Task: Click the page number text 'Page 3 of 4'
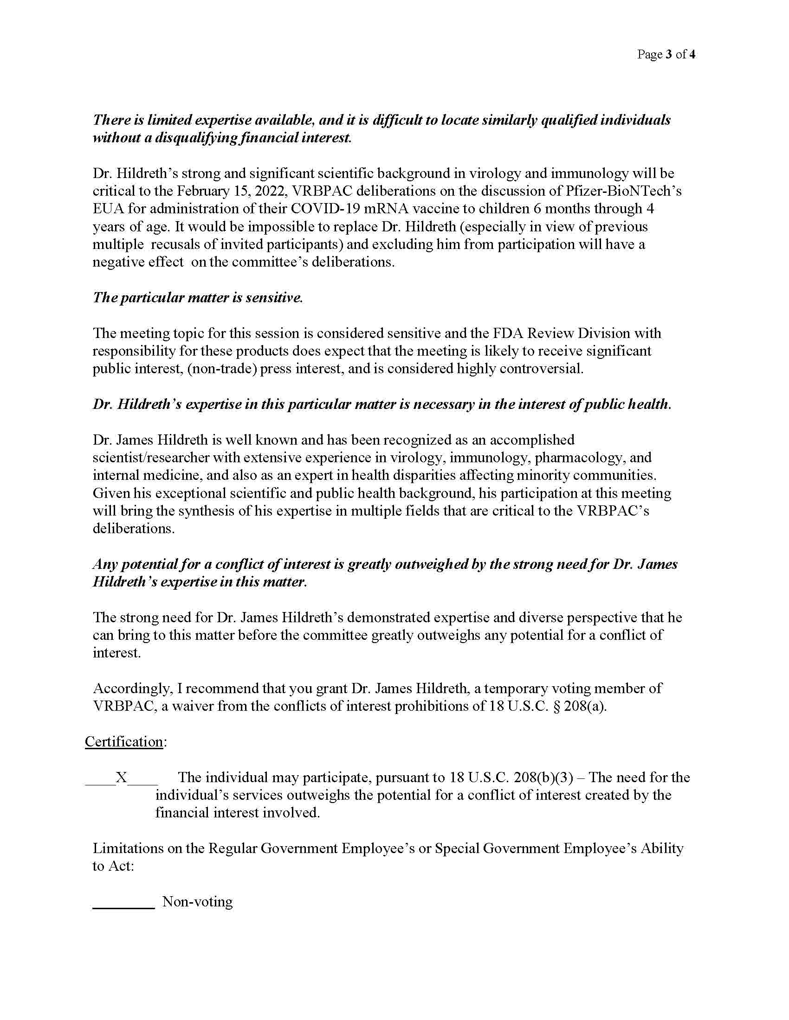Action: (666, 55)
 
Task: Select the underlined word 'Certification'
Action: (124, 742)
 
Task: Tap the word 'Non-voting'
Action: (197, 901)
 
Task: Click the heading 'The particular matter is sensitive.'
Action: (198, 298)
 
